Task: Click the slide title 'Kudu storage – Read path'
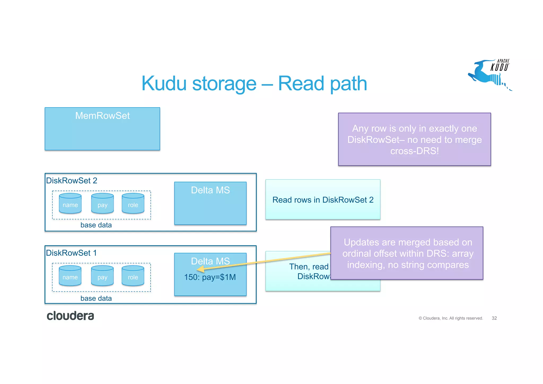coord(254,84)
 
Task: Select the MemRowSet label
coord(102,116)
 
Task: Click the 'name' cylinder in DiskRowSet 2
coord(70,204)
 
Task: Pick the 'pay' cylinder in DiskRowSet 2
coord(102,204)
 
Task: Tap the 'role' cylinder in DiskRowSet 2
coord(133,204)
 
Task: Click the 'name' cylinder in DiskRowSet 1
coord(70,276)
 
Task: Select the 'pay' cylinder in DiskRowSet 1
coord(102,276)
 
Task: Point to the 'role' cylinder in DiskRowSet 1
coord(133,276)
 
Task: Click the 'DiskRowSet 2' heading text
coord(72,181)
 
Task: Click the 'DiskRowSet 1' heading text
coord(71,253)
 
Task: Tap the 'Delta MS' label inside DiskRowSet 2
coord(210,190)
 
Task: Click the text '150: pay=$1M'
coord(210,277)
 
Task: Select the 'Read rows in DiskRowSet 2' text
coord(323,200)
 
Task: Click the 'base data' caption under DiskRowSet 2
coord(96,225)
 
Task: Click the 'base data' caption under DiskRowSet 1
coord(96,298)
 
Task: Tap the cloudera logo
coord(70,316)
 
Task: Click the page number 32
coord(494,318)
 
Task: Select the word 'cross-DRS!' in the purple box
coord(414,151)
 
